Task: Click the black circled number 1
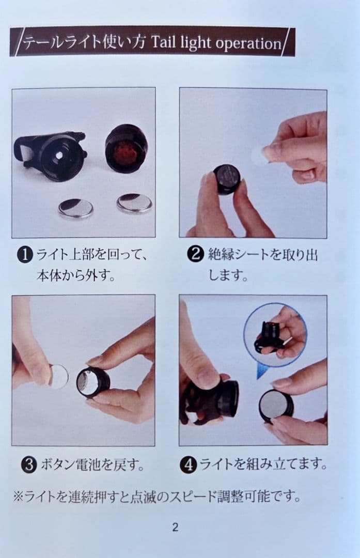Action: click(25, 255)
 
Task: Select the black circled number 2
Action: click(196, 254)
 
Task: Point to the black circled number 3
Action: click(29, 464)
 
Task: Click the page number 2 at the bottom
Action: click(175, 527)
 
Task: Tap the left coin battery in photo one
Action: click(76, 208)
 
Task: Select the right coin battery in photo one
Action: click(134, 203)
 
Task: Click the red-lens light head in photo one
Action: click(126, 149)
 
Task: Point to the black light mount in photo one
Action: click(51, 156)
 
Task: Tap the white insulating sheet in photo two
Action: click(259, 157)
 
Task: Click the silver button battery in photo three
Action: click(59, 376)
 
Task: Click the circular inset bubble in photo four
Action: click(275, 335)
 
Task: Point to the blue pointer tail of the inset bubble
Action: click(262, 371)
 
